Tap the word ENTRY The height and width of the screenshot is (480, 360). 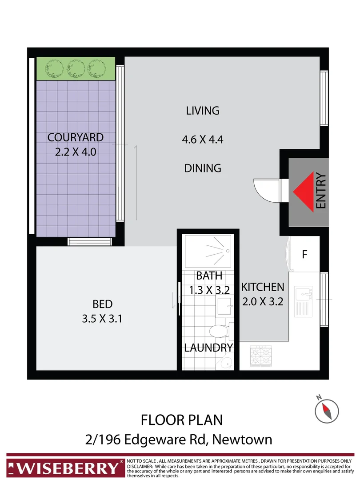pos(321,191)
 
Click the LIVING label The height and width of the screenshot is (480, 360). pos(203,110)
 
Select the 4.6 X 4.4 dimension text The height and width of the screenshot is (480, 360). pos(202,140)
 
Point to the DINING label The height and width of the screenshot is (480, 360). pos(203,168)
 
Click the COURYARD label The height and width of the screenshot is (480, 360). pos(76,137)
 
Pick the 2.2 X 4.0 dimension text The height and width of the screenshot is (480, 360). pos(76,152)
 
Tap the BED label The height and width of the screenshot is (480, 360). pos(103,304)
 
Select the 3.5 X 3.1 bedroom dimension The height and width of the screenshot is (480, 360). pos(103,319)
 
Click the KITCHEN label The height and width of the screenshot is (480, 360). pos(262,287)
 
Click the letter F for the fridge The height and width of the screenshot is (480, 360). pos(304,255)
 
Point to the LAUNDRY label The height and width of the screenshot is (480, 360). pos(208,348)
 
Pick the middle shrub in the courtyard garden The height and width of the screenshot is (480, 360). pos(77,68)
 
